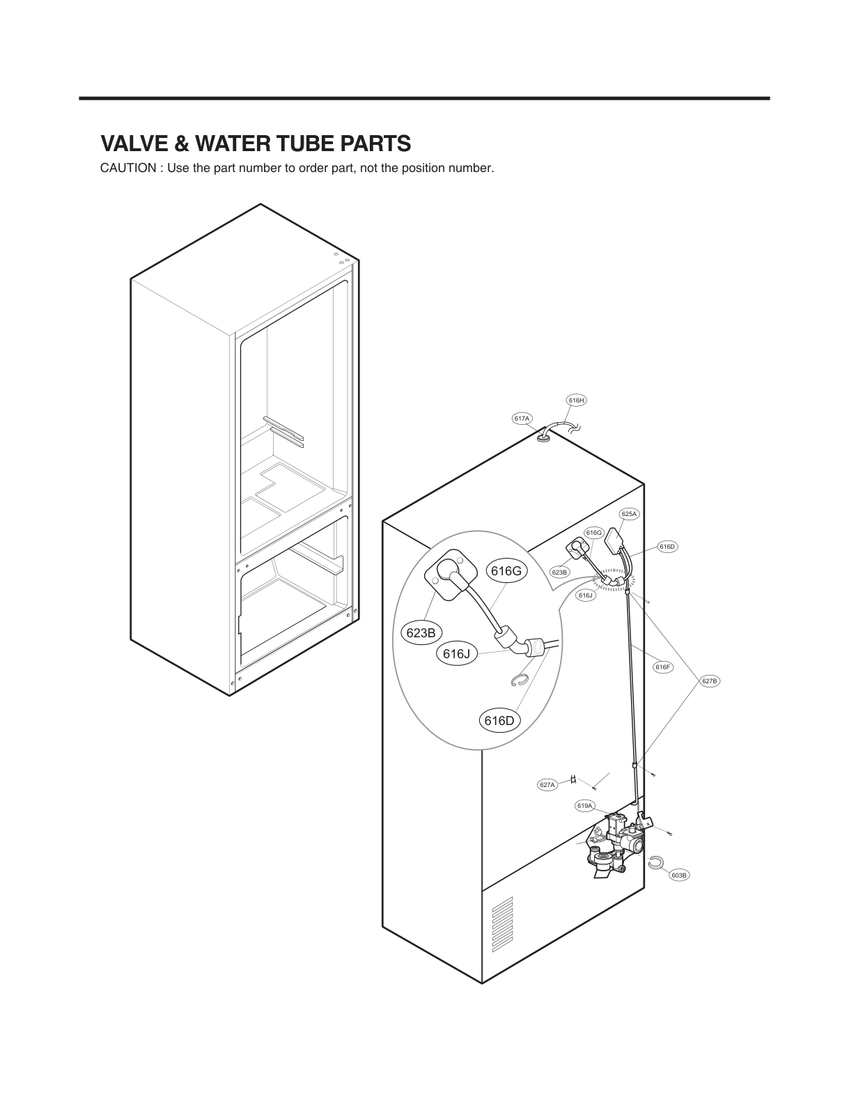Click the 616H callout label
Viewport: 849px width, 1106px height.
[x=576, y=400]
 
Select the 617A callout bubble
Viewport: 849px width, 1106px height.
[x=522, y=419]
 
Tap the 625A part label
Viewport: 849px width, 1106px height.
[x=629, y=514]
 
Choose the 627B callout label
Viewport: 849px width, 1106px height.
[x=710, y=680]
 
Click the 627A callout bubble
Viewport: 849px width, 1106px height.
[x=547, y=785]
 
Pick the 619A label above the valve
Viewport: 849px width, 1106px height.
[x=584, y=806]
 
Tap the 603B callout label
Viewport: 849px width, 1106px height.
[x=680, y=875]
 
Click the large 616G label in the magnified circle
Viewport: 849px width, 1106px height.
[x=506, y=571]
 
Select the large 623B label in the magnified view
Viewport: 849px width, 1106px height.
[x=421, y=633]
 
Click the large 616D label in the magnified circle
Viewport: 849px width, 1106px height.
[x=499, y=721]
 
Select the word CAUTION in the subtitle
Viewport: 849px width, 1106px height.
[x=127, y=169]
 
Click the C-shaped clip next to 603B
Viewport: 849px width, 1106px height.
[x=655, y=862]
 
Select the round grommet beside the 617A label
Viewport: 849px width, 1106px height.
[x=543, y=437]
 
